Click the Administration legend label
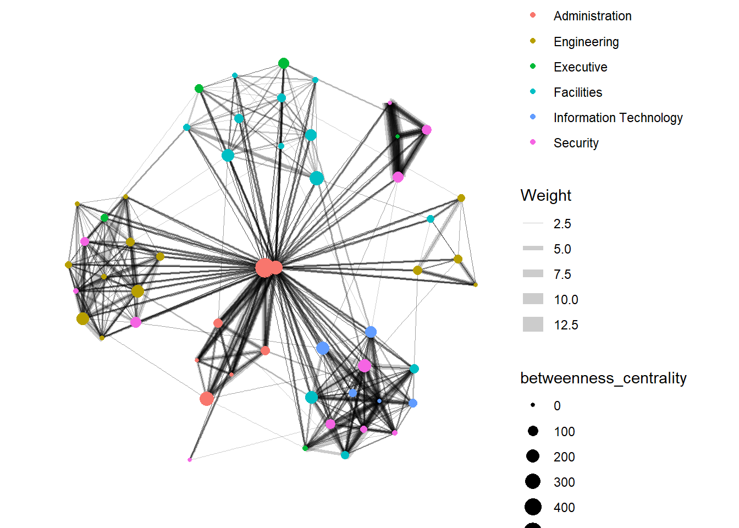592,16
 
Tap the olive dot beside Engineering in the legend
532,41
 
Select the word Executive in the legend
580,67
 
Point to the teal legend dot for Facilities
532,91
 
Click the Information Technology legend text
617,118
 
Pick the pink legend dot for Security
532,142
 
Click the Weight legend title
545,195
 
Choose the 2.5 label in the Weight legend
562,224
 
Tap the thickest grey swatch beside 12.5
533,324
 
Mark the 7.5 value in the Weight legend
562,274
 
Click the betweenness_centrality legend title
603,378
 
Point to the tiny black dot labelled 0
533,405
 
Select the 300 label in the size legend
564,482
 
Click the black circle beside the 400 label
533,507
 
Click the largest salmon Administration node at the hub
264,268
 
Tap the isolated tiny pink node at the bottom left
190,460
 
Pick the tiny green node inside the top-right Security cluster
398,136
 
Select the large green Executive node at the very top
283,63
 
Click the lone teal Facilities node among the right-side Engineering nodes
431,219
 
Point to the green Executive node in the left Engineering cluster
104,218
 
